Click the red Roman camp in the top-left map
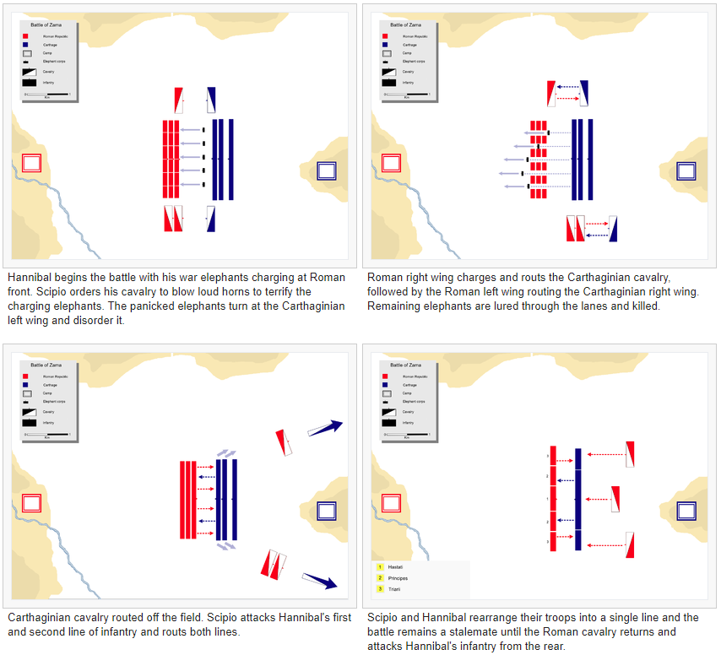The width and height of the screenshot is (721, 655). pyautogui.click(x=32, y=163)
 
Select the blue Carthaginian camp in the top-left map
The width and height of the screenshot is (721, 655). pyautogui.click(x=326, y=171)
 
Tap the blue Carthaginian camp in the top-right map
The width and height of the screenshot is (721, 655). pyautogui.click(x=686, y=169)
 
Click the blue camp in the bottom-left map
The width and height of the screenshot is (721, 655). pyautogui.click(x=325, y=511)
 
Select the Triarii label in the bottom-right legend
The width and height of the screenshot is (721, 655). pyautogui.click(x=396, y=588)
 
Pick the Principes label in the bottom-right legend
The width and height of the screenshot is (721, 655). pyautogui.click(x=398, y=578)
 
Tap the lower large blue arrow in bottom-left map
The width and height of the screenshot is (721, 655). pyautogui.click(x=320, y=581)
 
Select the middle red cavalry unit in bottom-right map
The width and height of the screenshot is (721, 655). pyautogui.click(x=616, y=499)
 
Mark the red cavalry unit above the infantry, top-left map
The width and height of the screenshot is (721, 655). pyautogui.click(x=178, y=100)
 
